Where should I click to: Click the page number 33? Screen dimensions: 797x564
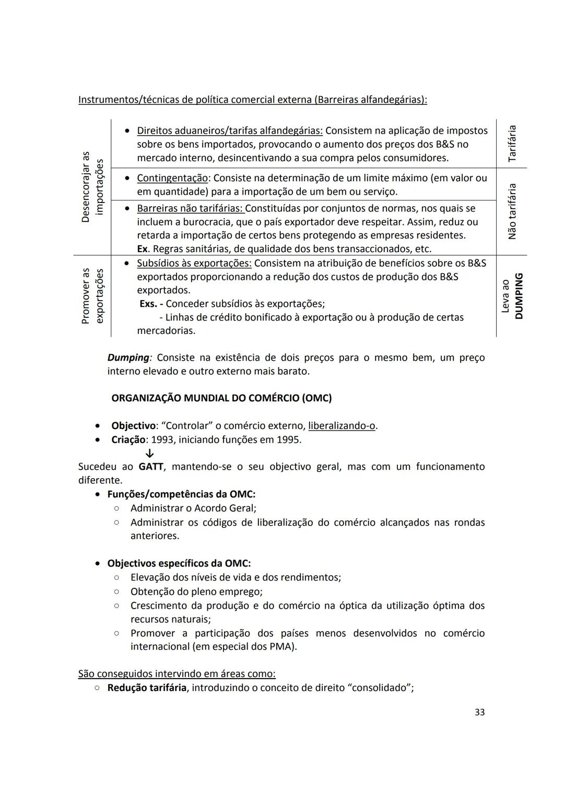[479, 712]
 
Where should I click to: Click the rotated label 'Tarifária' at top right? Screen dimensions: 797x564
[512, 143]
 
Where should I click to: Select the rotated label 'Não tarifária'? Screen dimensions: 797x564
[512, 211]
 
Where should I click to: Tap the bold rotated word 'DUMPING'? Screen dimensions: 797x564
[519, 296]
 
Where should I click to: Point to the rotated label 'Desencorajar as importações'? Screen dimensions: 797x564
[92, 187]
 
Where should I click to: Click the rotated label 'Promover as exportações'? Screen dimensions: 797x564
[92, 296]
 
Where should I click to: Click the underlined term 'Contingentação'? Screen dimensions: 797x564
[172, 178]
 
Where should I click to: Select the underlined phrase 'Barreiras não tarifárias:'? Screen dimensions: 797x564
[190, 208]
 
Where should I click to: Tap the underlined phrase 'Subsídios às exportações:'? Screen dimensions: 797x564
[194, 263]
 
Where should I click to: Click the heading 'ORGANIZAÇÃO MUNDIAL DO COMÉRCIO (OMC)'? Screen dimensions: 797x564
[221, 398]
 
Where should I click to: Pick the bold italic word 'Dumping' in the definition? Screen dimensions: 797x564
[128, 358]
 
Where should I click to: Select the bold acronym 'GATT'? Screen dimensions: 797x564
[151, 467]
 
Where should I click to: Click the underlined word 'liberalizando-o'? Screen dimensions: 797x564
[342, 426]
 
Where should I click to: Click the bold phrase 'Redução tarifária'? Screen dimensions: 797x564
[147, 687]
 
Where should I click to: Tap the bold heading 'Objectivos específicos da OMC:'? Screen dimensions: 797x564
[179, 564]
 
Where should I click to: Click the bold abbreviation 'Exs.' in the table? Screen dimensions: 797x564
[148, 304]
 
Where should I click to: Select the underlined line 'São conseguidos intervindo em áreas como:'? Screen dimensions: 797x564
[177, 674]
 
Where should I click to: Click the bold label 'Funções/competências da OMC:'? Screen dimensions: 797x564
[181, 494]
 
